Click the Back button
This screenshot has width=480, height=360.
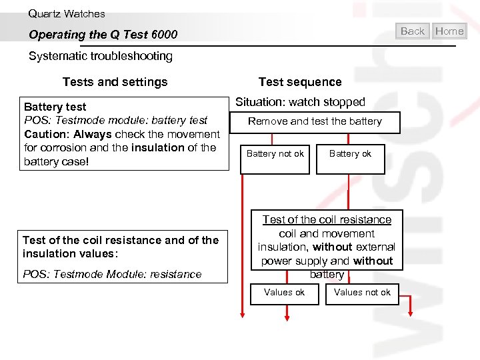coord(413,31)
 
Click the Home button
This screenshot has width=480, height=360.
coord(449,31)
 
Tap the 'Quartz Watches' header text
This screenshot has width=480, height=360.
coord(67,13)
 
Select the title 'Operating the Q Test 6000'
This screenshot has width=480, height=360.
coord(103,35)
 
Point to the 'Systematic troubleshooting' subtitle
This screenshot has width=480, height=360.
coord(101,56)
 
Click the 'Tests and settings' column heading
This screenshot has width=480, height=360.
coord(115,82)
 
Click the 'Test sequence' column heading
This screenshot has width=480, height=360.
coord(300,82)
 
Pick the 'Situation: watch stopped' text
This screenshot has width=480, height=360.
coord(300,102)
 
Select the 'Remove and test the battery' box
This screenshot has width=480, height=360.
coord(315,121)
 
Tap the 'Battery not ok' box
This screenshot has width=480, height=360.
coord(275,154)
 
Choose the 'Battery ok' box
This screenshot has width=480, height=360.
coord(350,154)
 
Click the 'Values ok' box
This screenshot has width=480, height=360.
coord(285,293)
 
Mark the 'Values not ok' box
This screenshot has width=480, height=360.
coord(362,293)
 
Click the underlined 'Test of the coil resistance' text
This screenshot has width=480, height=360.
coord(327,219)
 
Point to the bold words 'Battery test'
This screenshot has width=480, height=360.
coord(55,107)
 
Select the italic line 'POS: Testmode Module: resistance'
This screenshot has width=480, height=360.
coord(112,274)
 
